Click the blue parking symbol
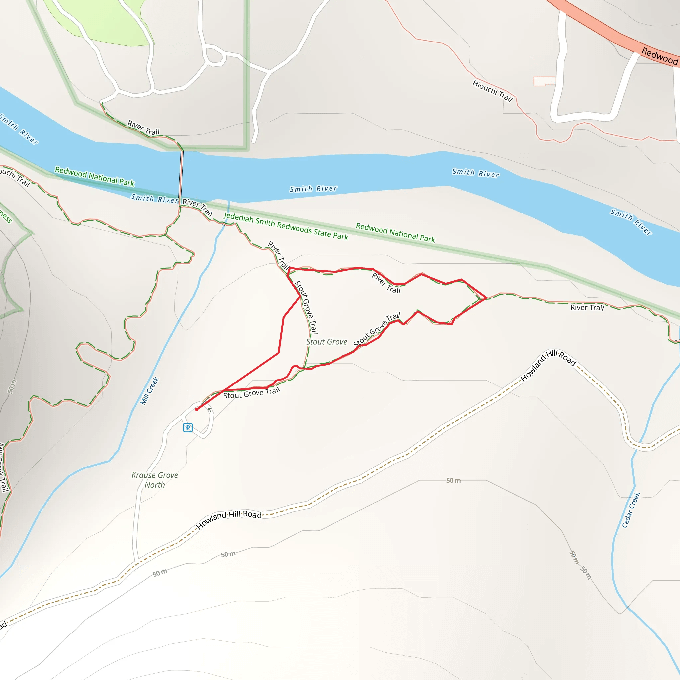click(x=188, y=428)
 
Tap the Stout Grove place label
click(x=327, y=342)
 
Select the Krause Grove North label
click(x=155, y=480)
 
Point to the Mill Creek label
click(x=150, y=391)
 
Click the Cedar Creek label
click(x=631, y=510)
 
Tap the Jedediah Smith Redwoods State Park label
click(x=286, y=227)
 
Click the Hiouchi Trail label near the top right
click(x=492, y=91)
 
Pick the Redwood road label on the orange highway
click(x=660, y=56)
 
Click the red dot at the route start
click(x=197, y=409)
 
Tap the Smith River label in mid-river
click(x=313, y=189)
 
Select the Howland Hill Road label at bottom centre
click(x=229, y=520)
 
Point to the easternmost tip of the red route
click(x=487, y=298)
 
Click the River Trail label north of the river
click(x=143, y=128)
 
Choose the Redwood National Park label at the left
click(x=95, y=176)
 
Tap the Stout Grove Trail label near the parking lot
click(x=252, y=393)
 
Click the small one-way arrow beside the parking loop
click(x=210, y=410)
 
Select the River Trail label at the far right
click(x=587, y=307)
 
